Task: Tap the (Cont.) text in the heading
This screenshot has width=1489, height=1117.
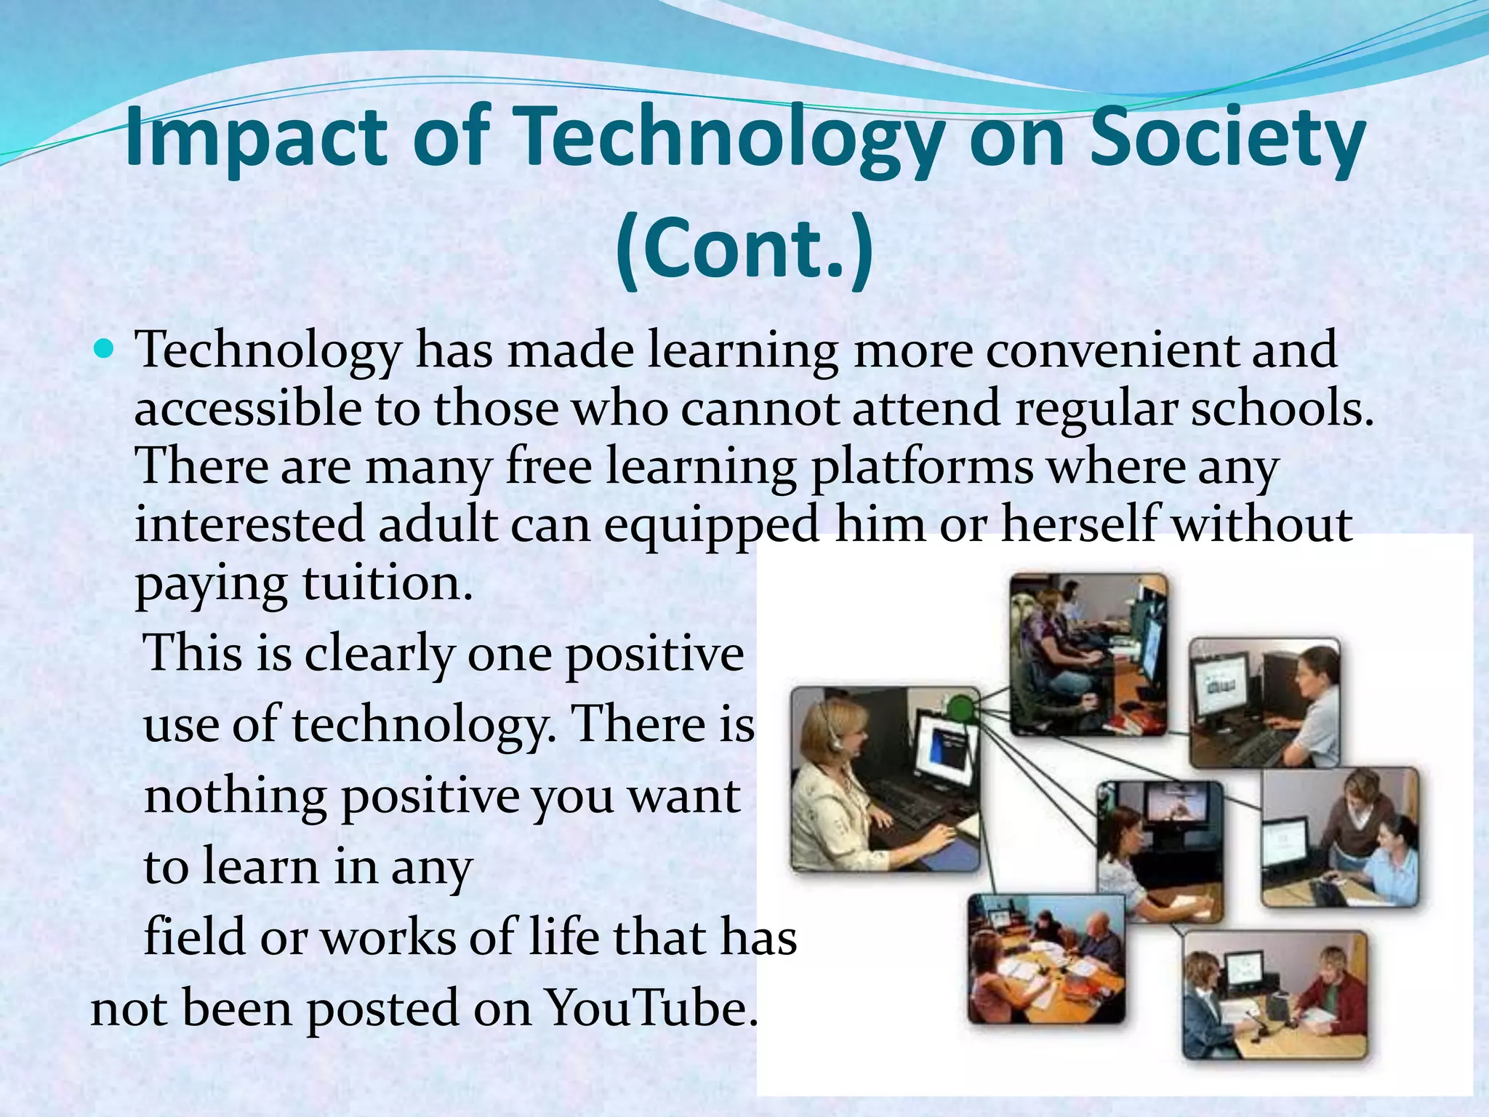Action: tap(744, 248)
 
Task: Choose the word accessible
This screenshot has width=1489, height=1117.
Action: tap(247, 408)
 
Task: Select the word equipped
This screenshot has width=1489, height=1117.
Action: tap(712, 525)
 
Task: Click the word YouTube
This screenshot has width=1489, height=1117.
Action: tap(649, 1009)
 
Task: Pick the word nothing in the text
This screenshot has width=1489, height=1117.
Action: tap(235, 796)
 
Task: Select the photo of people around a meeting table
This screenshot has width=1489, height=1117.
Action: tap(1046, 958)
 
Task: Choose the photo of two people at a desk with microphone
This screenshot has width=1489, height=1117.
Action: tap(1275, 994)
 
